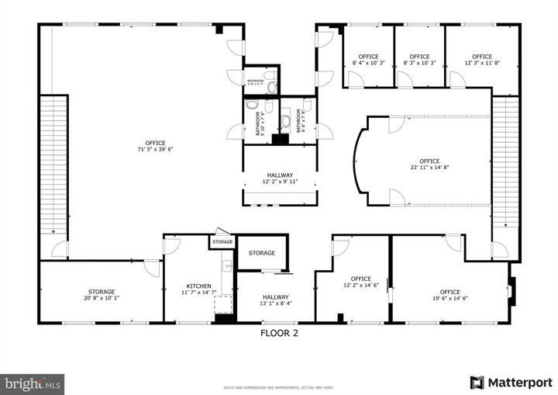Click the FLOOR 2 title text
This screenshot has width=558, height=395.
(x=278, y=334)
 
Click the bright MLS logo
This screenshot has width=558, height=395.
(x=33, y=383)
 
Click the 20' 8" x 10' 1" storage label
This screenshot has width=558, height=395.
(x=100, y=295)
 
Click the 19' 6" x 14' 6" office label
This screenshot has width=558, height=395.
(x=449, y=295)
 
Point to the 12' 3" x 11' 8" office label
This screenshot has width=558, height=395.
(x=482, y=60)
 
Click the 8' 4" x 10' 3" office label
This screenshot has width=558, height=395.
(x=368, y=60)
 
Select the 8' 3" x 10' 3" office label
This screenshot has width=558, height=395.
(x=419, y=60)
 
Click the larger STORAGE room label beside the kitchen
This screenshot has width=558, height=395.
(x=262, y=253)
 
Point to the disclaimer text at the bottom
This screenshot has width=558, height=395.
(x=279, y=386)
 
